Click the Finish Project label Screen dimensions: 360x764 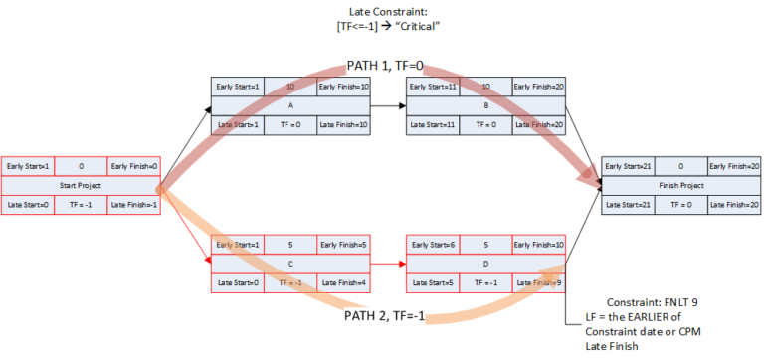point(682,185)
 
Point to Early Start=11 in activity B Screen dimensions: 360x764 point(434,86)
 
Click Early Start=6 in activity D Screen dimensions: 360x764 point(432,245)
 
